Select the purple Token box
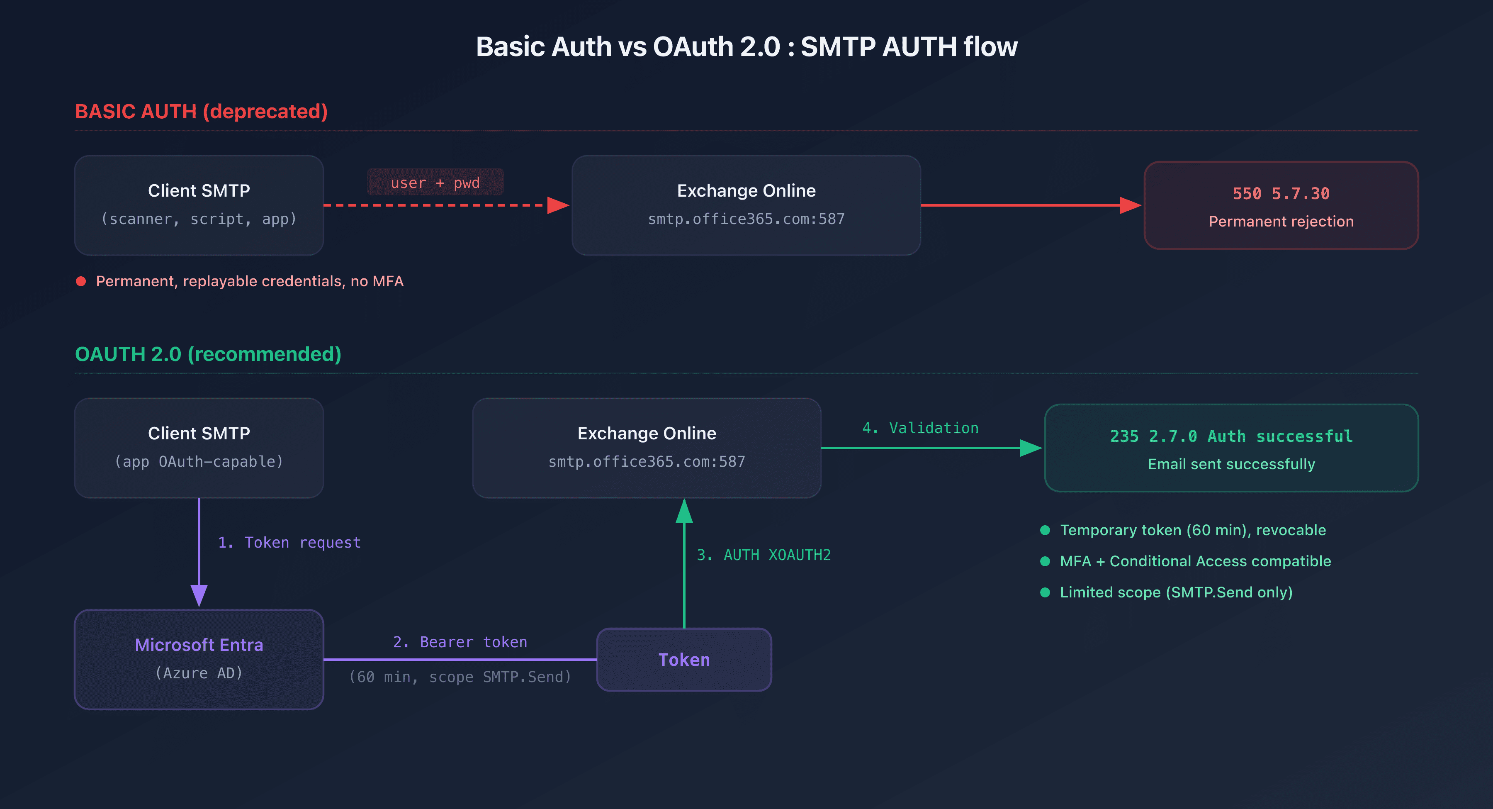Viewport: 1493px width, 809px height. (x=684, y=659)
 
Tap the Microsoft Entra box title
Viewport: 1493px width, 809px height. (x=199, y=645)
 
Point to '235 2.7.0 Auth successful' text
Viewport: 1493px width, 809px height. (x=1231, y=436)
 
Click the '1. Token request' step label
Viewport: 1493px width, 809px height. (x=289, y=542)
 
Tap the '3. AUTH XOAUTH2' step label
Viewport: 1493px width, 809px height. (x=764, y=555)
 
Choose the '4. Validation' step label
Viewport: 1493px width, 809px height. (x=920, y=428)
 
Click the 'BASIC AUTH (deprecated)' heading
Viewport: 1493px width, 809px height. (x=201, y=111)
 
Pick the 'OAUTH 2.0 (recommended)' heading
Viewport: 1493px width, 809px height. (x=208, y=354)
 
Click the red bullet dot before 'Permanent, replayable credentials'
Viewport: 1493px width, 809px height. (x=81, y=281)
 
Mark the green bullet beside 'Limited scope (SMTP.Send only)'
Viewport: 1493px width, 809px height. (x=1045, y=592)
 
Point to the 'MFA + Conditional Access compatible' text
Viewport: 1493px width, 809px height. (x=1195, y=561)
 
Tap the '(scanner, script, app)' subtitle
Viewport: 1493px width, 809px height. (x=199, y=219)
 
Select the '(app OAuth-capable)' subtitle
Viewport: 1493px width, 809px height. (x=199, y=462)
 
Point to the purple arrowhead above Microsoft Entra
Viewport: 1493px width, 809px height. (x=199, y=595)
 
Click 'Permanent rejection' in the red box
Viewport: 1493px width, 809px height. (x=1281, y=222)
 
